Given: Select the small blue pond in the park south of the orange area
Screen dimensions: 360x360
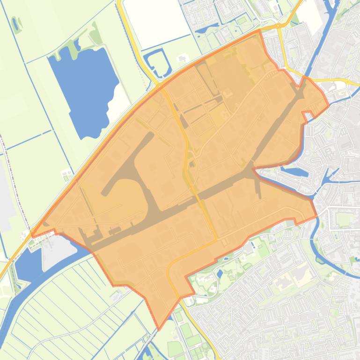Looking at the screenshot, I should (220, 273).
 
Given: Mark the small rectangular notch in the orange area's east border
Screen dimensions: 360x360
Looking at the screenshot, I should (307, 115).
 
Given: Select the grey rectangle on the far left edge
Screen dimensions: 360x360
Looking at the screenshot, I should (4, 196).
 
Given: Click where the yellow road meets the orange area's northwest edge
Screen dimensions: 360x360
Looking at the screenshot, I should (159, 86).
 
